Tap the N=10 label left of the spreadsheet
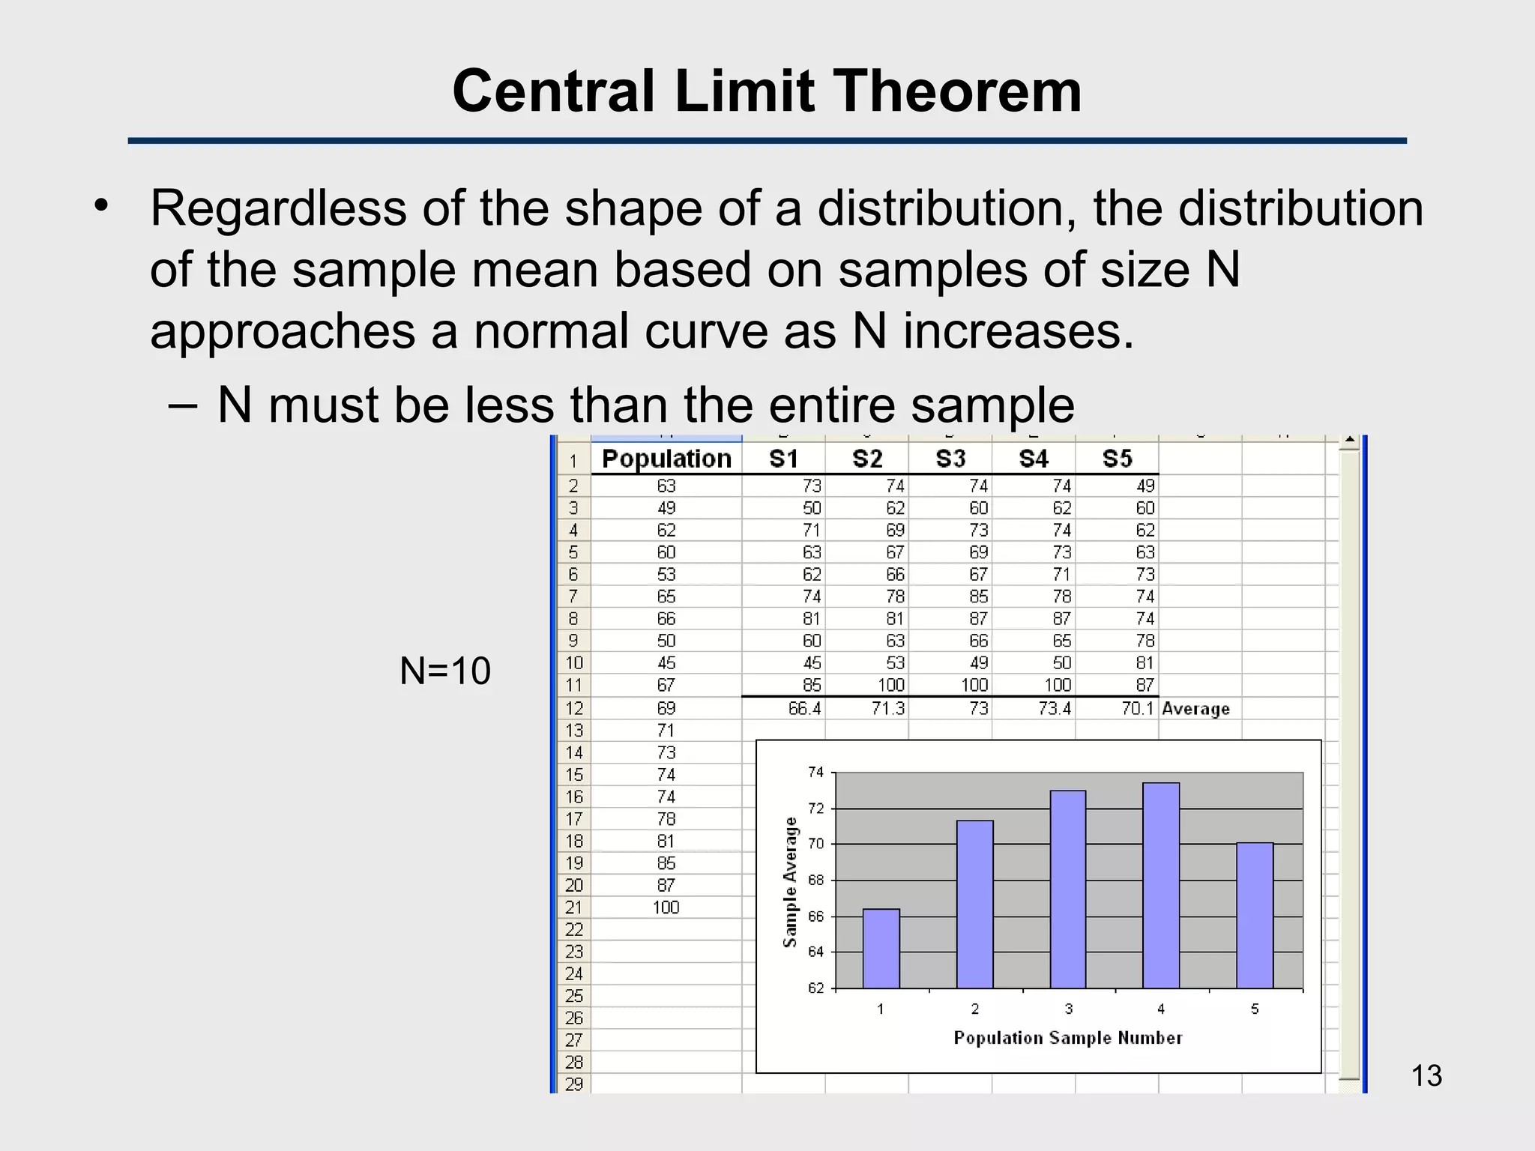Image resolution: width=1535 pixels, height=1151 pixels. [x=445, y=671]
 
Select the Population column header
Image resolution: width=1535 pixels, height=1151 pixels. [x=666, y=459]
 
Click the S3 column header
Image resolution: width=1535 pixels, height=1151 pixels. [x=950, y=459]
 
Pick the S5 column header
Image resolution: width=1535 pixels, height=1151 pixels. [x=1117, y=459]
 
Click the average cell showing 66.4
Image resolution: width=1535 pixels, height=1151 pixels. [x=804, y=708]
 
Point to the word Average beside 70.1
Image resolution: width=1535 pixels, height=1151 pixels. [x=1195, y=709]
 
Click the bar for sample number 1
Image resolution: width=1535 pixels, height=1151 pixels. [x=881, y=949]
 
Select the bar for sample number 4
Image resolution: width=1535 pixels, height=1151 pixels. [x=1161, y=886]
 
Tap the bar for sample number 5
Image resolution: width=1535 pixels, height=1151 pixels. [x=1255, y=916]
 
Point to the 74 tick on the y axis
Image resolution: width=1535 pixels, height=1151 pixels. [x=815, y=773]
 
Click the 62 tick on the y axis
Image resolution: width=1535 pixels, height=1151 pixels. [x=815, y=988]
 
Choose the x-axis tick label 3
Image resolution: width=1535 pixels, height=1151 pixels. [x=1069, y=1009]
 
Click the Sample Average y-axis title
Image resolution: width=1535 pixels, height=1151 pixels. [x=790, y=882]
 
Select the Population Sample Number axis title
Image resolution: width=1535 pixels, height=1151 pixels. [x=1067, y=1038]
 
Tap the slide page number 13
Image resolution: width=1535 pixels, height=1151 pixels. [x=1426, y=1076]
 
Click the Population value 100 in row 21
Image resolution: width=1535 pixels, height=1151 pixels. [x=666, y=907]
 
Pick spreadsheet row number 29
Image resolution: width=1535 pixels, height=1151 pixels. [x=574, y=1084]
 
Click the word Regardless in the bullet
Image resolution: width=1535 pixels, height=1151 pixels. [x=278, y=208]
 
